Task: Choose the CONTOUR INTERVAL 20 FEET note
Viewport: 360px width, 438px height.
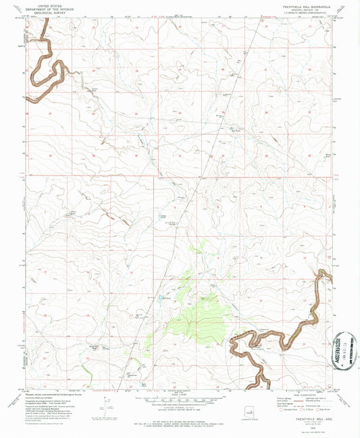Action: [178, 409]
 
